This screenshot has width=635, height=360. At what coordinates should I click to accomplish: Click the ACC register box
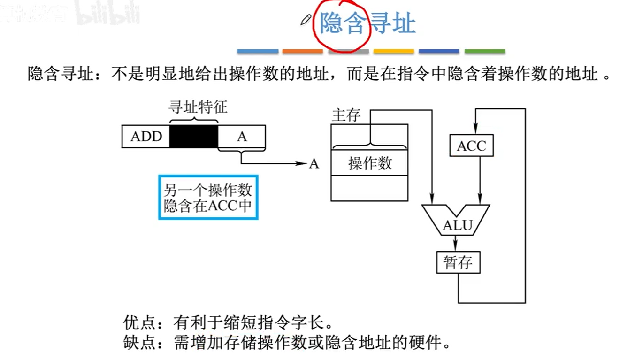tap(471, 146)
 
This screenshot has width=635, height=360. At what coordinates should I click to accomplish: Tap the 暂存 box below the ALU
tap(458, 262)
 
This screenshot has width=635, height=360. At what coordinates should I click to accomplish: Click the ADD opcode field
tap(146, 137)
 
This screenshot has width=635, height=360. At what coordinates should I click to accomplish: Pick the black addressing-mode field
tap(194, 137)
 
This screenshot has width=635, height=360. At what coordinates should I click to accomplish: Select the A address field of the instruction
tap(242, 137)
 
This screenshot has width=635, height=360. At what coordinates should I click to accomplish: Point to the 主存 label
tap(346, 115)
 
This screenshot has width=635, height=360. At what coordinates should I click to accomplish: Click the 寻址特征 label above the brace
tap(198, 107)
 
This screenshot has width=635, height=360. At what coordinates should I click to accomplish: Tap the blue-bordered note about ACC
tap(208, 198)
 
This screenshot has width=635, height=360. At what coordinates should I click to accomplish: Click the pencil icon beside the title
tap(306, 20)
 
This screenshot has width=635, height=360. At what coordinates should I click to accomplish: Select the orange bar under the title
tap(303, 51)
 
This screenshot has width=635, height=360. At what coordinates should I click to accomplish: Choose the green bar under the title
tap(485, 51)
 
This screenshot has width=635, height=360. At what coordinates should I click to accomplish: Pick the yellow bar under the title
tap(393, 51)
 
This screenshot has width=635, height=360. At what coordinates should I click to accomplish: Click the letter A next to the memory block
tap(314, 164)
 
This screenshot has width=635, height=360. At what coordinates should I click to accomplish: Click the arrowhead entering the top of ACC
tap(476, 131)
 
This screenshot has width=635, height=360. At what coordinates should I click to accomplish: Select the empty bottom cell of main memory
tap(369, 188)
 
